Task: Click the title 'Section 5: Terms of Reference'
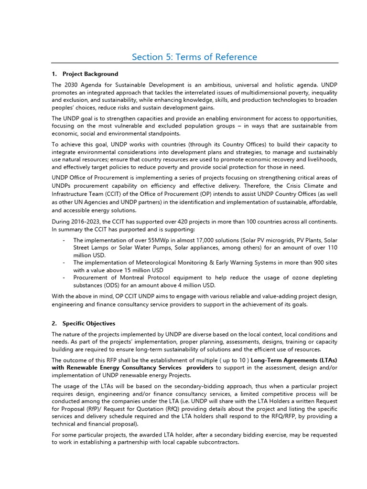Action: pyautogui.click(x=194, y=57)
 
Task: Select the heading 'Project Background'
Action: pyautogui.click(x=90, y=74)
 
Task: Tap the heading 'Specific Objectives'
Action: pyautogui.click(x=88, y=324)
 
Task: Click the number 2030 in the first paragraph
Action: pyautogui.click(x=72, y=85)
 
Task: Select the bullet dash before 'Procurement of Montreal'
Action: pyautogui.click(x=64, y=277)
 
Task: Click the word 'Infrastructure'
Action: pyautogui.click(x=72, y=194)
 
